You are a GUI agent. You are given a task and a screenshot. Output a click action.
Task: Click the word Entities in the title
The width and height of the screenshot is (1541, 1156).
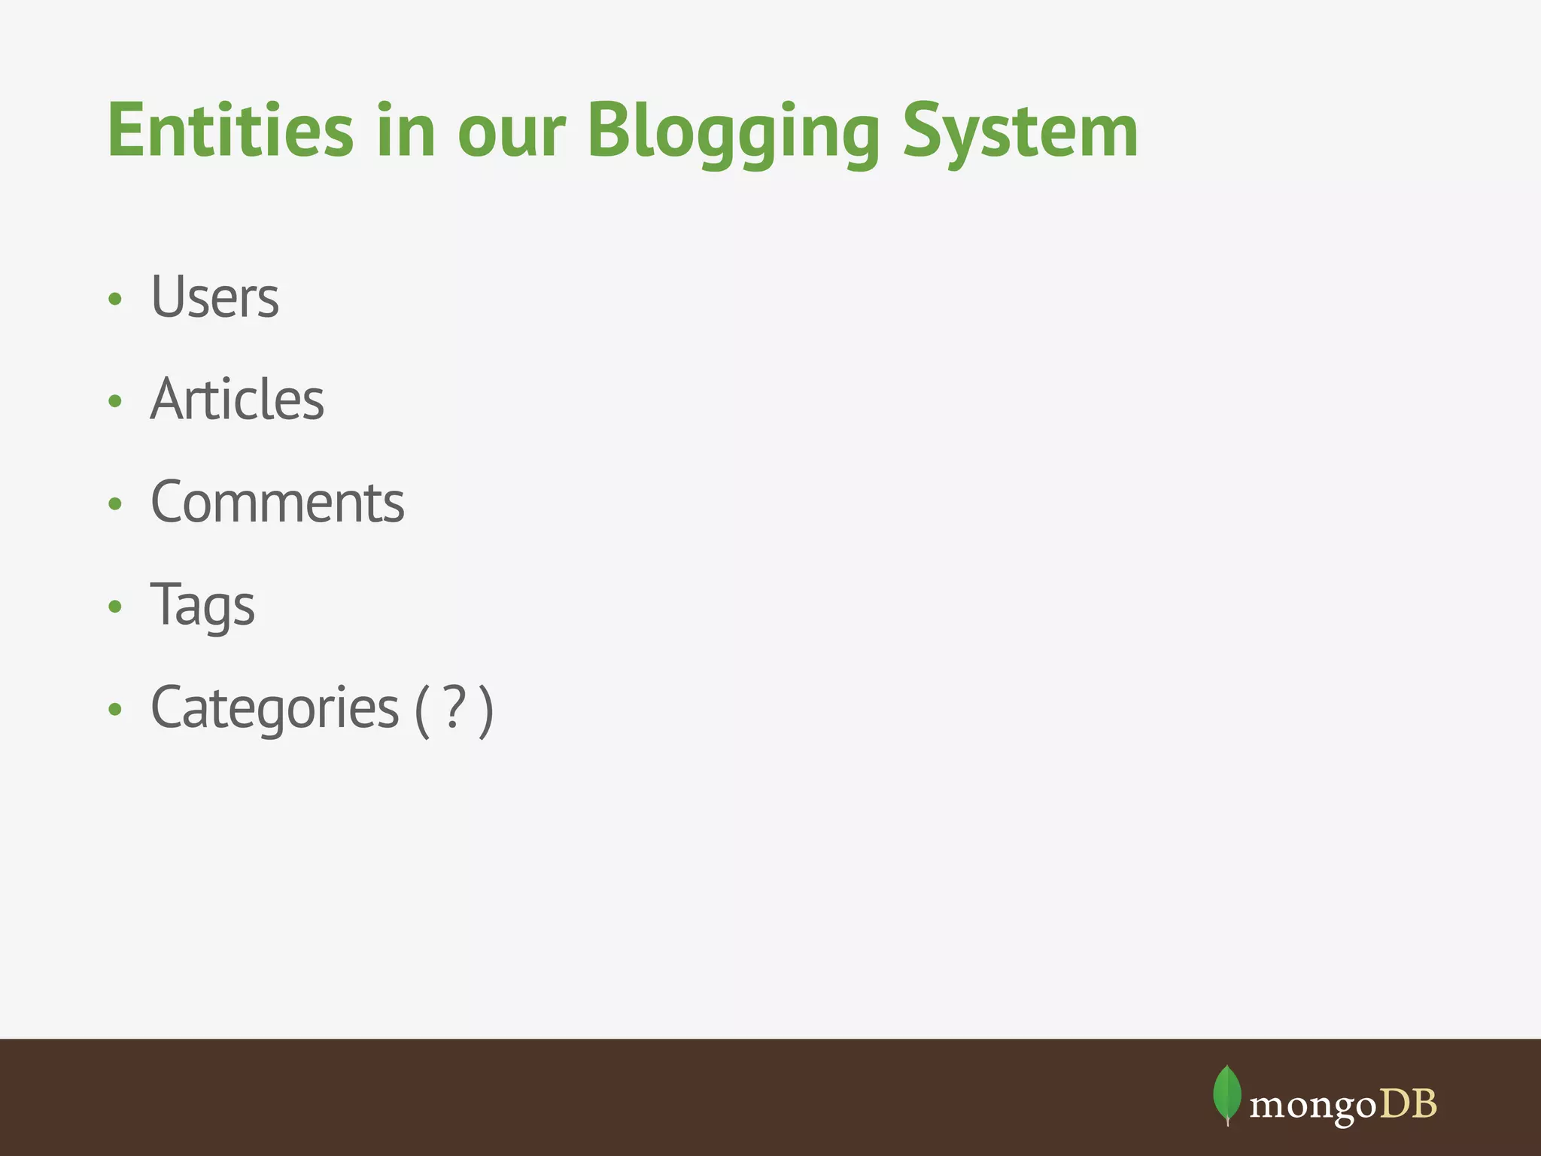pyautogui.click(x=230, y=131)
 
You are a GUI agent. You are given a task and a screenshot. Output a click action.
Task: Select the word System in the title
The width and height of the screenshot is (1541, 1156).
pyautogui.click(x=1020, y=132)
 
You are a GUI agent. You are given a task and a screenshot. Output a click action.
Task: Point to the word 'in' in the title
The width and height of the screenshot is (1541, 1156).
pyautogui.click(x=406, y=131)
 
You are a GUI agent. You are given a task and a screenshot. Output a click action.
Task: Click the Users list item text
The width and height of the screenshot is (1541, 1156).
pyautogui.click(x=215, y=297)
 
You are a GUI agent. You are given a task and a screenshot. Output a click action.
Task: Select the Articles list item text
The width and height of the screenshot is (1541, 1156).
pyautogui.click(x=238, y=400)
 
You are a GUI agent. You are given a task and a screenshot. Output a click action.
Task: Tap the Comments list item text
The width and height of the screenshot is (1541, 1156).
pyautogui.click(x=278, y=502)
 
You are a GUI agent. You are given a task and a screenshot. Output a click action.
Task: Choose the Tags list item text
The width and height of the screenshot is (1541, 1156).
pyautogui.click(x=203, y=605)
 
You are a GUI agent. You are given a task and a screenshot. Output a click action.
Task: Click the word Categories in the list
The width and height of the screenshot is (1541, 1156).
pyautogui.click(x=275, y=708)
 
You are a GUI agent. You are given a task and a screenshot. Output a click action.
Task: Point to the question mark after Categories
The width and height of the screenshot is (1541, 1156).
pyautogui.click(x=454, y=707)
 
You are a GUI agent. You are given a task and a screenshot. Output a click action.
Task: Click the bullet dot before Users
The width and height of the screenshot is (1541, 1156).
pyautogui.click(x=115, y=300)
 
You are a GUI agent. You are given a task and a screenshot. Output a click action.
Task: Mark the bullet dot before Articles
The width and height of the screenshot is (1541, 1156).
pyautogui.click(x=115, y=402)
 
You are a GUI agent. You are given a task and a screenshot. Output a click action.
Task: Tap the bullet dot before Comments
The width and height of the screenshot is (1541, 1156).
pyautogui.click(x=115, y=504)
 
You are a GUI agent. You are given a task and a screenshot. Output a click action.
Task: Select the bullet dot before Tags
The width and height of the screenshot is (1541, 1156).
pyautogui.click(x=115, y=607)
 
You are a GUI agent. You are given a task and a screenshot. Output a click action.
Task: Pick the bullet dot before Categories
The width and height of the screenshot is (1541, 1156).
pyautogui.click(x=115, y=709)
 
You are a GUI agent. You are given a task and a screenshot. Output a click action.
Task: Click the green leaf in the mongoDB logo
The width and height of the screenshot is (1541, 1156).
pyautogui.click(x=1227, y=1094)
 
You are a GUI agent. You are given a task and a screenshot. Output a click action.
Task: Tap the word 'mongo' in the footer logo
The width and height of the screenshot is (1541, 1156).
pyautogui.click(x=1312, y=1105)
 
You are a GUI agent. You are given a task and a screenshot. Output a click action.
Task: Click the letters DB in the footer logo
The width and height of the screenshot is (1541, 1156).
pyautogui.click(x=1408, y=1103)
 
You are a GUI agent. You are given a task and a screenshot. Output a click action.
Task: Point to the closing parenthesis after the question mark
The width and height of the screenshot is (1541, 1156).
pyautogui.click(x=486, y=710)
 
